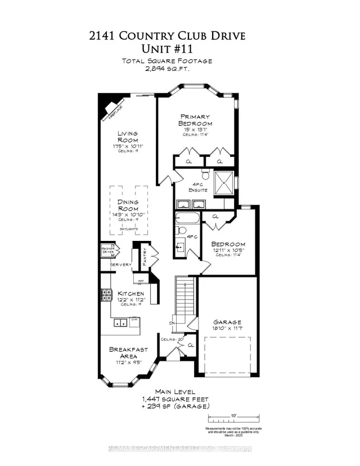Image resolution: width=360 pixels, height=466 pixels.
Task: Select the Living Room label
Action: tap(127, 137)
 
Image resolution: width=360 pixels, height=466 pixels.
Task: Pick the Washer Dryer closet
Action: tap(107, 250)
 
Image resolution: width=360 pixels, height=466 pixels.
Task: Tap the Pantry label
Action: tap(145, 256)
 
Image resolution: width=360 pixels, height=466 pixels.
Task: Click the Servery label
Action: tap(120, 265)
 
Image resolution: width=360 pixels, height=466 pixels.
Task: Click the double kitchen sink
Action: tap(119, 322)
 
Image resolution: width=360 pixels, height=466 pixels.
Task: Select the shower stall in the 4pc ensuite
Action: tap(224, 181)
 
